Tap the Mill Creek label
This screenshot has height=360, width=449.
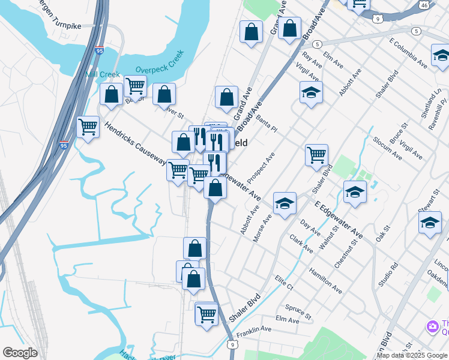[x=103, y=74]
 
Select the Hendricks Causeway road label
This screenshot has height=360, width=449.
[x=134, y=145]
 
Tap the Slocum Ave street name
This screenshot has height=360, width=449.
[x=387, y=148]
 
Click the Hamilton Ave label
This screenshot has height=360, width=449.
[x=326, y=280]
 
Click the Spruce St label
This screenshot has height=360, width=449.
[x=298, y=312]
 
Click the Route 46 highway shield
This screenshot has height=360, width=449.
[x=424, y=5]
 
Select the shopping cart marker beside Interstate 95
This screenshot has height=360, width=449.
[x=88, y=126]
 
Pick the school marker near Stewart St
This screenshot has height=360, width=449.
[x=430, y=223]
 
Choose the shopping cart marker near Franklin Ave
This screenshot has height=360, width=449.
[x=207, y=313]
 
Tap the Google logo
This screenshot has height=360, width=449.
[x=20, y=353]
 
